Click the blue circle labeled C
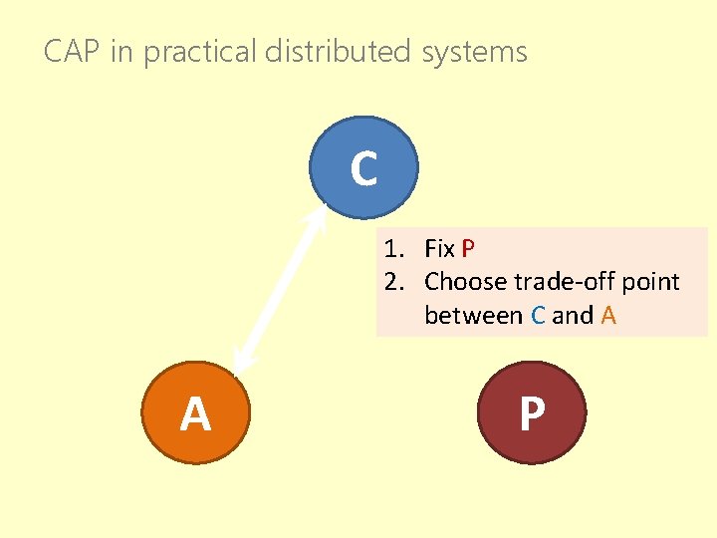[x=363, y=168]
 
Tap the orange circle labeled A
[x=195, y=413]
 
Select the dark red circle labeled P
[x=533, y=413]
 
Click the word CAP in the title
[x=73, y=52]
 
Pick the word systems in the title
[x=474, y=52]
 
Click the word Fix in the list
[x=440, y=248]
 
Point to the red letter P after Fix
[x=468, y=248]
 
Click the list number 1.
[x=392, y=248]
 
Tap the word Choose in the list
[x=466, y=282]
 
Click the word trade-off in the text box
[x=561, y=282]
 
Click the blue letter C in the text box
[x=538, y=316]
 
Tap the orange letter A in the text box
[x=608, y=316]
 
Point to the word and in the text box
[x=573, y=316]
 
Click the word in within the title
[x=121, y=52]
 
